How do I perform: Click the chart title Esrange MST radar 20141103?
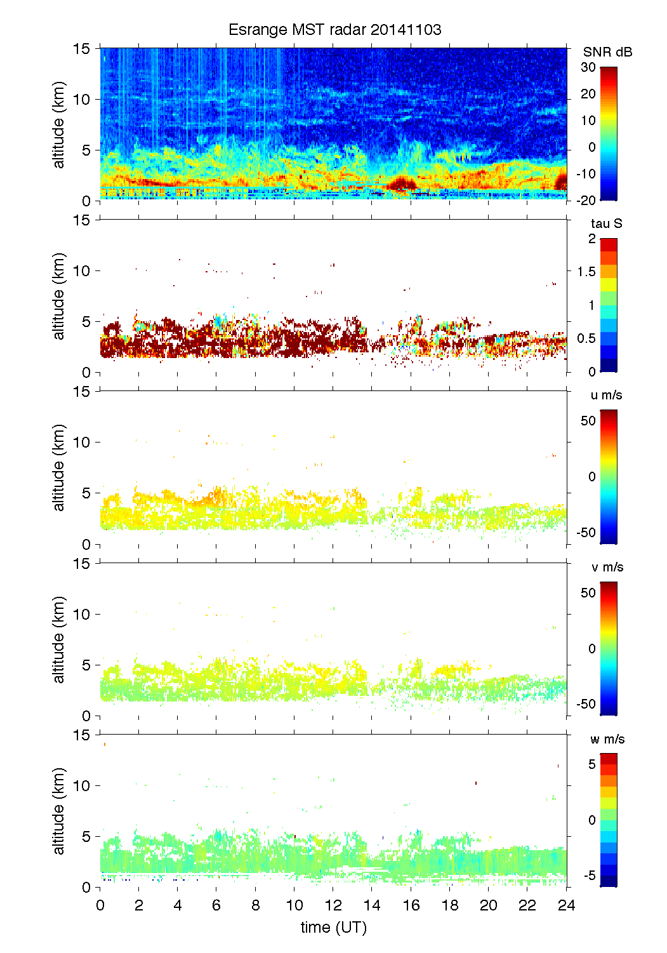pos(334,30)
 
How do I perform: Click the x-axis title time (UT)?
pos(333,928)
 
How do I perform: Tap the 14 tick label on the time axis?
pos(372,905)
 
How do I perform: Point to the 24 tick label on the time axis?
pos(566,905)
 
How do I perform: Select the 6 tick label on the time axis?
pos(216,905)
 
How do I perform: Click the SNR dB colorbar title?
pos(607,52)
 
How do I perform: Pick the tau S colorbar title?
pos(606,223)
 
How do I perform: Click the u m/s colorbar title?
pos(606,395)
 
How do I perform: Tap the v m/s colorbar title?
pos(607,567)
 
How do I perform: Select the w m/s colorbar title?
pos(607,739)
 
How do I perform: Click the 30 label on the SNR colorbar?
pos(588,67)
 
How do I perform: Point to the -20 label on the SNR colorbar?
pos(586,201)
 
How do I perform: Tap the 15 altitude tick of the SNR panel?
pos(83,49)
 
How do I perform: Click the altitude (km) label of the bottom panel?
pos(59,811)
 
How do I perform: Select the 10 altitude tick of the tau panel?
pos(83,271)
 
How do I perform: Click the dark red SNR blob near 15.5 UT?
pos(402,184)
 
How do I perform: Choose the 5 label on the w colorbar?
pos(591,764)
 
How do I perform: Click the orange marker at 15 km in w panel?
pos(104,744)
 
